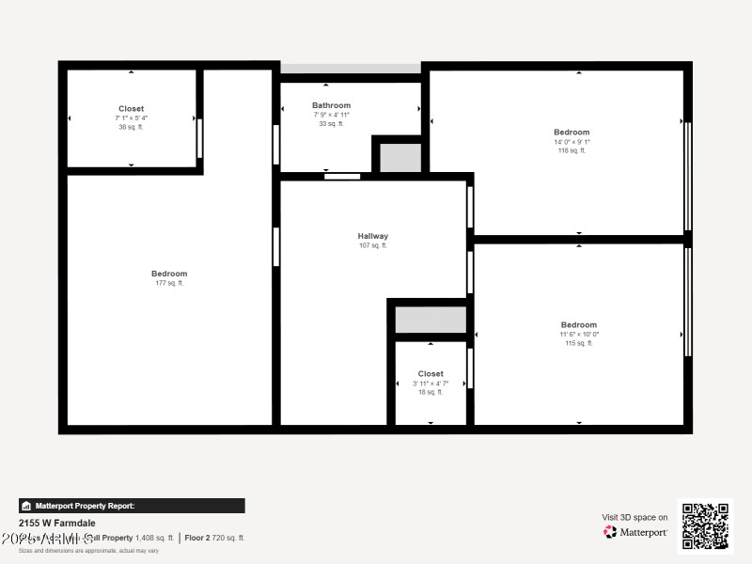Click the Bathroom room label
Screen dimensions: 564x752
click(x=331, y=105)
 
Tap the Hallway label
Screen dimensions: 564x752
click(x=372, y=236)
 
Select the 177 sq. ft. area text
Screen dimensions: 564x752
click(x=169, y=283)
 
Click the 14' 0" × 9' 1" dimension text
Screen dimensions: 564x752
click(x=572, y=142)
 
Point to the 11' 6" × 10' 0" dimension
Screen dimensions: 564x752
click(x=579, y=334)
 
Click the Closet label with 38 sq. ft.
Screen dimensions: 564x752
click(x=132, y=109)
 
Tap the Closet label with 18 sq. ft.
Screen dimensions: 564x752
click(x=431, y=374)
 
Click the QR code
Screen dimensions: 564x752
click(x=705, y=525)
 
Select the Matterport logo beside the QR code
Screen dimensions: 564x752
click(x=636, y=532)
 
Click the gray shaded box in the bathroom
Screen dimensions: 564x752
click(x=400, y=157)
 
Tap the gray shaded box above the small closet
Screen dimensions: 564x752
click(x=431, y=320)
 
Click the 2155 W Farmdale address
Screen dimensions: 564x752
click(x=57, y=523)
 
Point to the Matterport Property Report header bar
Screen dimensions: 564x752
click(x=132, y=506)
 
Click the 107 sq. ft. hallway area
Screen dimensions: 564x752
click(x=372, y=245)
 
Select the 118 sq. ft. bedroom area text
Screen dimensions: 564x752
click(x=572, y=150)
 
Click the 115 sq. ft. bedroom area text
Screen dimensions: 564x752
click(x=579, y=343)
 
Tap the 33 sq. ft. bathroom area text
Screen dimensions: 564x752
click(x=331, y=123)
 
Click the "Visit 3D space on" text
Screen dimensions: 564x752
click(x=634, y=517)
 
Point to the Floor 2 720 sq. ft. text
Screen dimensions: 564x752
click(x=214, y=538)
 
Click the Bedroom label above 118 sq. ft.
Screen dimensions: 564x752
click(x=572, y=133)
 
